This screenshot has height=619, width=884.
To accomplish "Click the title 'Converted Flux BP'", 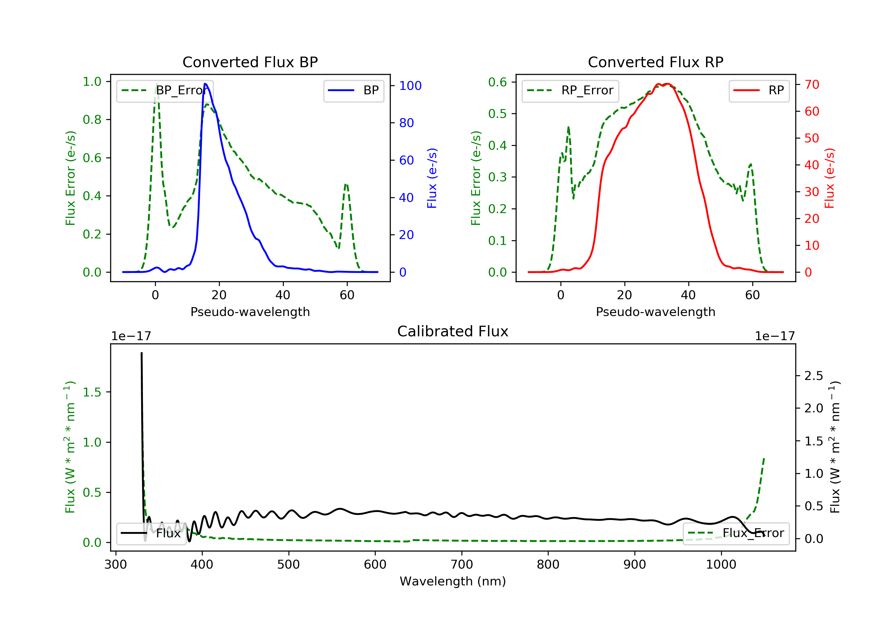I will tap(250, 62).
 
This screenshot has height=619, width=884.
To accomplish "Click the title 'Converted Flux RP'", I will tap(655, 62).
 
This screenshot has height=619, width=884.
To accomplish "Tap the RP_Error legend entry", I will tap(570, 90).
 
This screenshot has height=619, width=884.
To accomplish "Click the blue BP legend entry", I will tap(353, 90).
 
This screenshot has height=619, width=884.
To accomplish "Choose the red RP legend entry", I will tap(759, 90).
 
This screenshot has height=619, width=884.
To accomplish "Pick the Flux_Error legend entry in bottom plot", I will tap(736, 533).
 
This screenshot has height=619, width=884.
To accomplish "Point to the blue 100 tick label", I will tap(410, 85).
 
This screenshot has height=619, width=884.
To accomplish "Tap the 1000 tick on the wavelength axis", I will tap(721, 565).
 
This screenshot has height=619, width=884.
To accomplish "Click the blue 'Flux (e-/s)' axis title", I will tap(432, 178).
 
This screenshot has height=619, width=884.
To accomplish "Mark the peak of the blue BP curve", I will tap(205, 84).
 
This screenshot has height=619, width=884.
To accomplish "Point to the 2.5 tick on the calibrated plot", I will tap(813, 376).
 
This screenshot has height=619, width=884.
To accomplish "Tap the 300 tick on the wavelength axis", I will tap(116, 565).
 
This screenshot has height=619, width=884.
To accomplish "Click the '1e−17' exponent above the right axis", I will tap(775, 336).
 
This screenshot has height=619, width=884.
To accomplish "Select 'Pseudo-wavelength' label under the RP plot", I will tap(655, 312).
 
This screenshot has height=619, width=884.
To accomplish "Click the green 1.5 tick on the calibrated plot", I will tap(92, 392).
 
